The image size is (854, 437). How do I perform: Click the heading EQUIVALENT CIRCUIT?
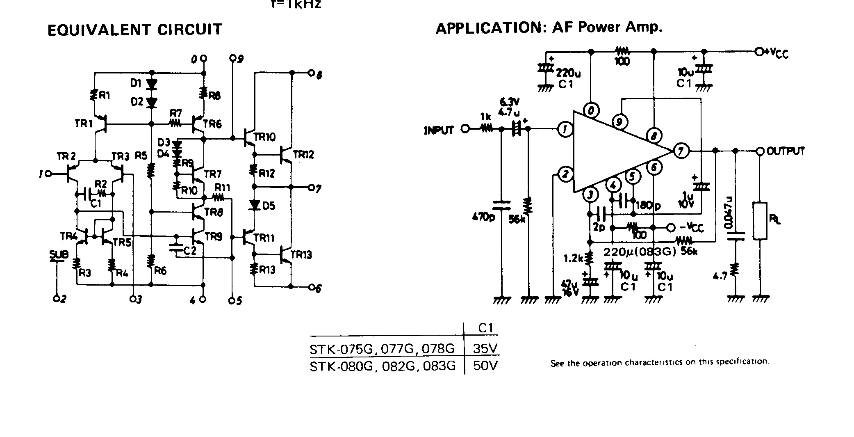tap(135, 30)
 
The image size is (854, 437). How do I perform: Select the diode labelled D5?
tap(255, 205)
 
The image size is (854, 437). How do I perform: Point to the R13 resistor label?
tap(267, 270)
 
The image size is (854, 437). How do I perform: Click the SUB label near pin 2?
tap(59, 255)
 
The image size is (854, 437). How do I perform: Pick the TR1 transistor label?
tap(84, 123)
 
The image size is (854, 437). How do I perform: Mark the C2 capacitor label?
tap(190, 251)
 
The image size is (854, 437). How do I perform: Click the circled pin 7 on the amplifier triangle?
tap(681, 151)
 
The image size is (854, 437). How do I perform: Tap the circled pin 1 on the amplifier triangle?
tap(565, 130)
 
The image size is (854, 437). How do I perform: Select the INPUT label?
tap(439, 130)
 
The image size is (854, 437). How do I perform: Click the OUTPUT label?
tap(786, 151)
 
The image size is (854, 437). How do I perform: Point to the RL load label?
tap(774, 220)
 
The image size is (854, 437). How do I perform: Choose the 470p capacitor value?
tap(483, 216)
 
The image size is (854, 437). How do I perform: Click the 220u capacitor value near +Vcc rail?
tap(568, 73)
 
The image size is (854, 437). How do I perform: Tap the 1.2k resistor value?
tap(573, 259)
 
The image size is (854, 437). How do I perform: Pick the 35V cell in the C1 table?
tap(485, 348)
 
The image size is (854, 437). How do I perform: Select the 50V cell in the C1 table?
tap(485, 365)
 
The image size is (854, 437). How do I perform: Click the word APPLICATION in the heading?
tap(488, 28)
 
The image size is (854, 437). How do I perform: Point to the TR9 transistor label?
tap(213, 237)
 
